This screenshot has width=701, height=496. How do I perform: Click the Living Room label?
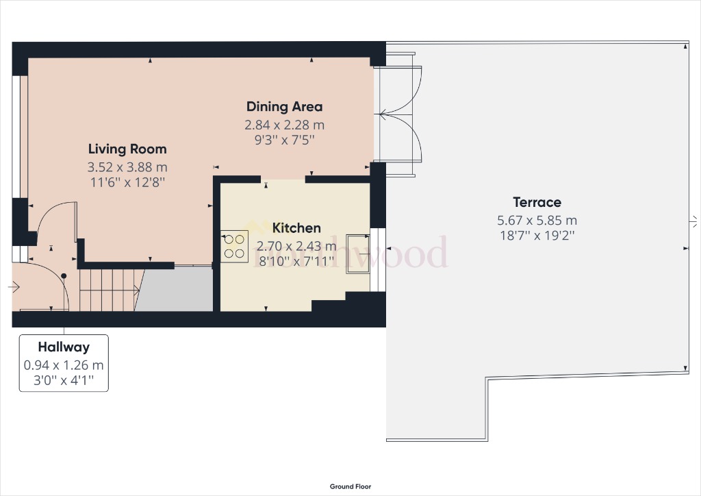(x=127, y=149)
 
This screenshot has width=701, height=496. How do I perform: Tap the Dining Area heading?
(x=284, y=106)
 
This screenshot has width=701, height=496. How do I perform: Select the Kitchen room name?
(x=296, y=227)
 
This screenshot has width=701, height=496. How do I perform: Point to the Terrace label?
(x=537, y=202)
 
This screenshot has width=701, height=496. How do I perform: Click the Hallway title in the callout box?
(x=64, y=347)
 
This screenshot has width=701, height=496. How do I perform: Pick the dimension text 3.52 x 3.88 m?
(x=127, y=166)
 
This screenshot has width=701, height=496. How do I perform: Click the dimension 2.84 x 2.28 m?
(x=284, y=125)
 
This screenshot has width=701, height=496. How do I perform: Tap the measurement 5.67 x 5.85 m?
(x=537, y=220)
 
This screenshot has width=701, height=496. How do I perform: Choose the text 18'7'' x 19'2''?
(x=537, y=236)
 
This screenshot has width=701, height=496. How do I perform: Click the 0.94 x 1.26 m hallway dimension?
(x=64, y=365)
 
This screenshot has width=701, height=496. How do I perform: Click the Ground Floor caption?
(x=350, y=486)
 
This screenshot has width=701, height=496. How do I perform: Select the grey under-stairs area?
(x=177, y=289)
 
